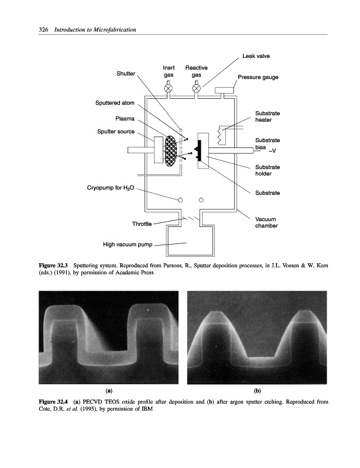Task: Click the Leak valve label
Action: click(x=256, y=56)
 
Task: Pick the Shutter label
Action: click(x=125, y=74)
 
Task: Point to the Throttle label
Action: click(x=142, y=223)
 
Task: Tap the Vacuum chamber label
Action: click(x=266, y=222)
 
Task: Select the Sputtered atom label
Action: click(x=115, y=103)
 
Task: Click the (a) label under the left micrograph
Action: click(x=109, y=390)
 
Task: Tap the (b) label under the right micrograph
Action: click(x=258, y=390)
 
